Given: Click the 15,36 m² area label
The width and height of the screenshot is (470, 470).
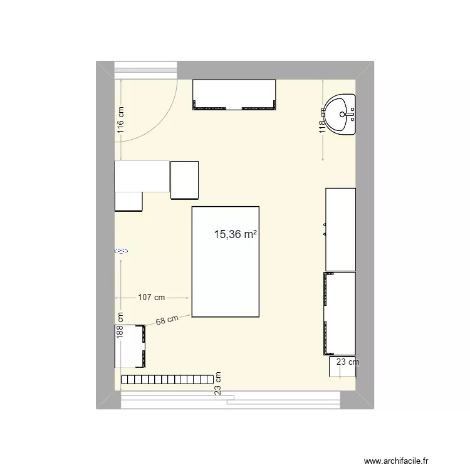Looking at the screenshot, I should click(x=236, y=235).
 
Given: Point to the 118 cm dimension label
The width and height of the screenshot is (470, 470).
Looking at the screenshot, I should click(x=323, y=119).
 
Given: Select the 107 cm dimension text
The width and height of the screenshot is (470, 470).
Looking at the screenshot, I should click(x=151, y=298).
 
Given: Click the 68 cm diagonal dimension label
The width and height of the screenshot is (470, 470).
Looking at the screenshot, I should click(x=167, y=320).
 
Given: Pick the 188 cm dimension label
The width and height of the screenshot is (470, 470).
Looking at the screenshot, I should click(x=120, y=326).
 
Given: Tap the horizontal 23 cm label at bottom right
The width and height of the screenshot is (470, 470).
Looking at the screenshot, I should click(x=348, y=362).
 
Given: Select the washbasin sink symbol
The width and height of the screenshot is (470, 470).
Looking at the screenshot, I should click(x=342, y=115).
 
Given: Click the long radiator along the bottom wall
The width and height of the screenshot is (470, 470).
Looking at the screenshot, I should click(x=166, y=380).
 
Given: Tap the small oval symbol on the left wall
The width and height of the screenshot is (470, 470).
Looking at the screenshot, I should click(x=121, y=251).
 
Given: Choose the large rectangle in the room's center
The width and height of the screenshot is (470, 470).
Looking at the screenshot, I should click(x=225, y=261).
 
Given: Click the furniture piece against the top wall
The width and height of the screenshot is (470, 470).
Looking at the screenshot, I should click(x=234, y=95).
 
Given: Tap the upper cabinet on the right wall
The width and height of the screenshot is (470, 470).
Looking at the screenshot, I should click(x=340, y=229).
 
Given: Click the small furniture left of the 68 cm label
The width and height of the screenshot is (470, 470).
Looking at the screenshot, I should click(x=130, y=347).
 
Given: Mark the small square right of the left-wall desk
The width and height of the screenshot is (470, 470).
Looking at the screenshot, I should click(x=184, y=180).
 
